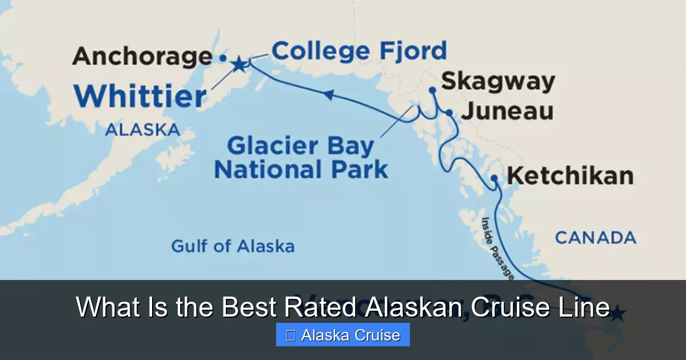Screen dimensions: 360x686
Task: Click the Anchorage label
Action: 142,57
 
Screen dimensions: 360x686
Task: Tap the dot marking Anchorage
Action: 223,58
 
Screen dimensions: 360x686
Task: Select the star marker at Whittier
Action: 238,65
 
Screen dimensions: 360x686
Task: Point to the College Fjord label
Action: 359,51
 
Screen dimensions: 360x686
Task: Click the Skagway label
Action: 498,81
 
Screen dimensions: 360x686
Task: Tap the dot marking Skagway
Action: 432,90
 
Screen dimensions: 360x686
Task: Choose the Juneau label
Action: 507,111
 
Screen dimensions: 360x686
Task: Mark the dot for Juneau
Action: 449,113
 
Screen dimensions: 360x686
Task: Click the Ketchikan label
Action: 570,176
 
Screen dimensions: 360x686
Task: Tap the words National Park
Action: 301,170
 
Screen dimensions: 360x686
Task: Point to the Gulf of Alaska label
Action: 233,246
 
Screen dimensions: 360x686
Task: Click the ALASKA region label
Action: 142,130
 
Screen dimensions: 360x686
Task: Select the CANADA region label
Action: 596,237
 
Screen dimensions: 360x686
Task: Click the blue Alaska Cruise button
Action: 343,335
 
